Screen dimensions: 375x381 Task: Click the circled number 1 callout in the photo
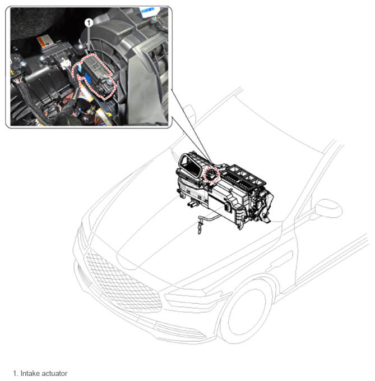pos(89,23)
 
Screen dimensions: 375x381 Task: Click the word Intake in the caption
pos(29,373)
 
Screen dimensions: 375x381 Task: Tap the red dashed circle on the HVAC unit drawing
pos(211,175)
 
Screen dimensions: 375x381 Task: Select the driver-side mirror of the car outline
pos(328,209)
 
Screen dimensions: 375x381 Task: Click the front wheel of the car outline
pos(245,311)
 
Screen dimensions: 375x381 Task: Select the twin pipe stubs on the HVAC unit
pos(193,203)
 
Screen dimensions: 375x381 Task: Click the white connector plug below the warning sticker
pos(65,65)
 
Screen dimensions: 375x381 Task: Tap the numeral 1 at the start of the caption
pos(16,373)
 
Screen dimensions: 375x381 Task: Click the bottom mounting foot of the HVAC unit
pos(240,226)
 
